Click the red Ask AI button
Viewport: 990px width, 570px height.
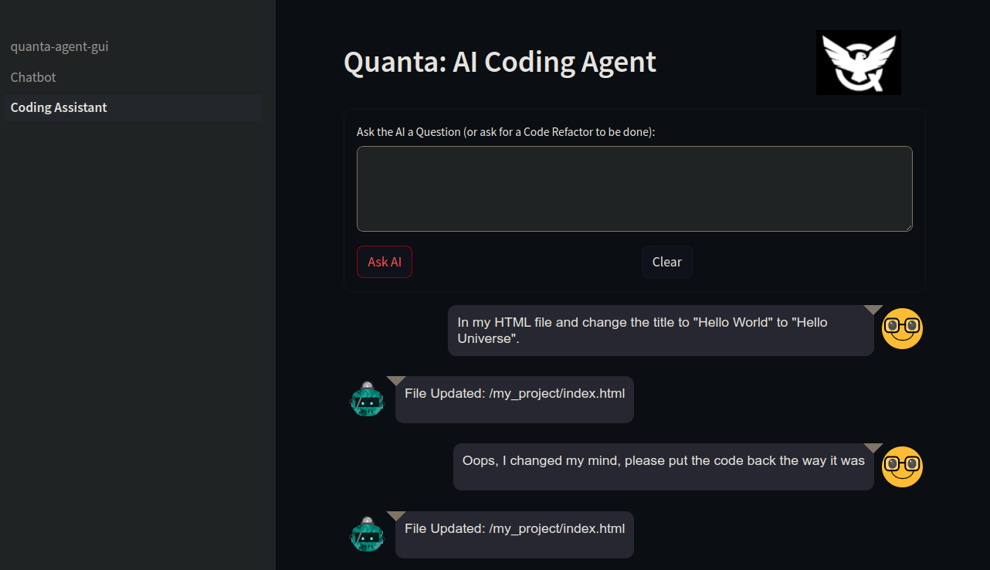384,262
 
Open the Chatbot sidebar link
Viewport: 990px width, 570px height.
33,77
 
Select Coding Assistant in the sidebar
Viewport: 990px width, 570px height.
59,107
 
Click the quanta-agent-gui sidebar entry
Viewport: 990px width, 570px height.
59,46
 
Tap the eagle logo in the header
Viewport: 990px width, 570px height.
858,63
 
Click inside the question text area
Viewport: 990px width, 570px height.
634,188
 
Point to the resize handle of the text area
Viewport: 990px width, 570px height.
908,227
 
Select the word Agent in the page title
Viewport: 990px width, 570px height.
619,63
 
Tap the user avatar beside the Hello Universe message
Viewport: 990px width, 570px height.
902,328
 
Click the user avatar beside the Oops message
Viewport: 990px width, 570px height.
902,467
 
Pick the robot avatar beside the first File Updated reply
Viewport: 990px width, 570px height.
367,399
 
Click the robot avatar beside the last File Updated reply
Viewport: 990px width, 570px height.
367,534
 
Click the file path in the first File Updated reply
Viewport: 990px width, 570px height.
557,394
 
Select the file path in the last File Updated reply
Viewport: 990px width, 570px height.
557,529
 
